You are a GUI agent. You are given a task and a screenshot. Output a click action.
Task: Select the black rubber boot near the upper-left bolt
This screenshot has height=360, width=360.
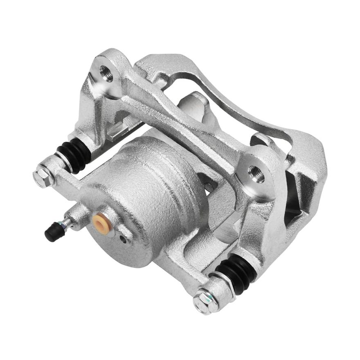pos(74,153)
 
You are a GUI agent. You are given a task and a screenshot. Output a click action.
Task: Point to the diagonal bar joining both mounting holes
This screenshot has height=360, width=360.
pos(180,123)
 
